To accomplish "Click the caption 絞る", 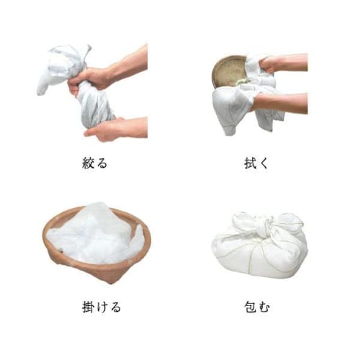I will click(94, 162).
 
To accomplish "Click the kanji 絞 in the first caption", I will click(88, 162).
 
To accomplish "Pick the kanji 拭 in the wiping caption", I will click(250, 162).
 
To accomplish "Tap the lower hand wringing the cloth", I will click(104, 130).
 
